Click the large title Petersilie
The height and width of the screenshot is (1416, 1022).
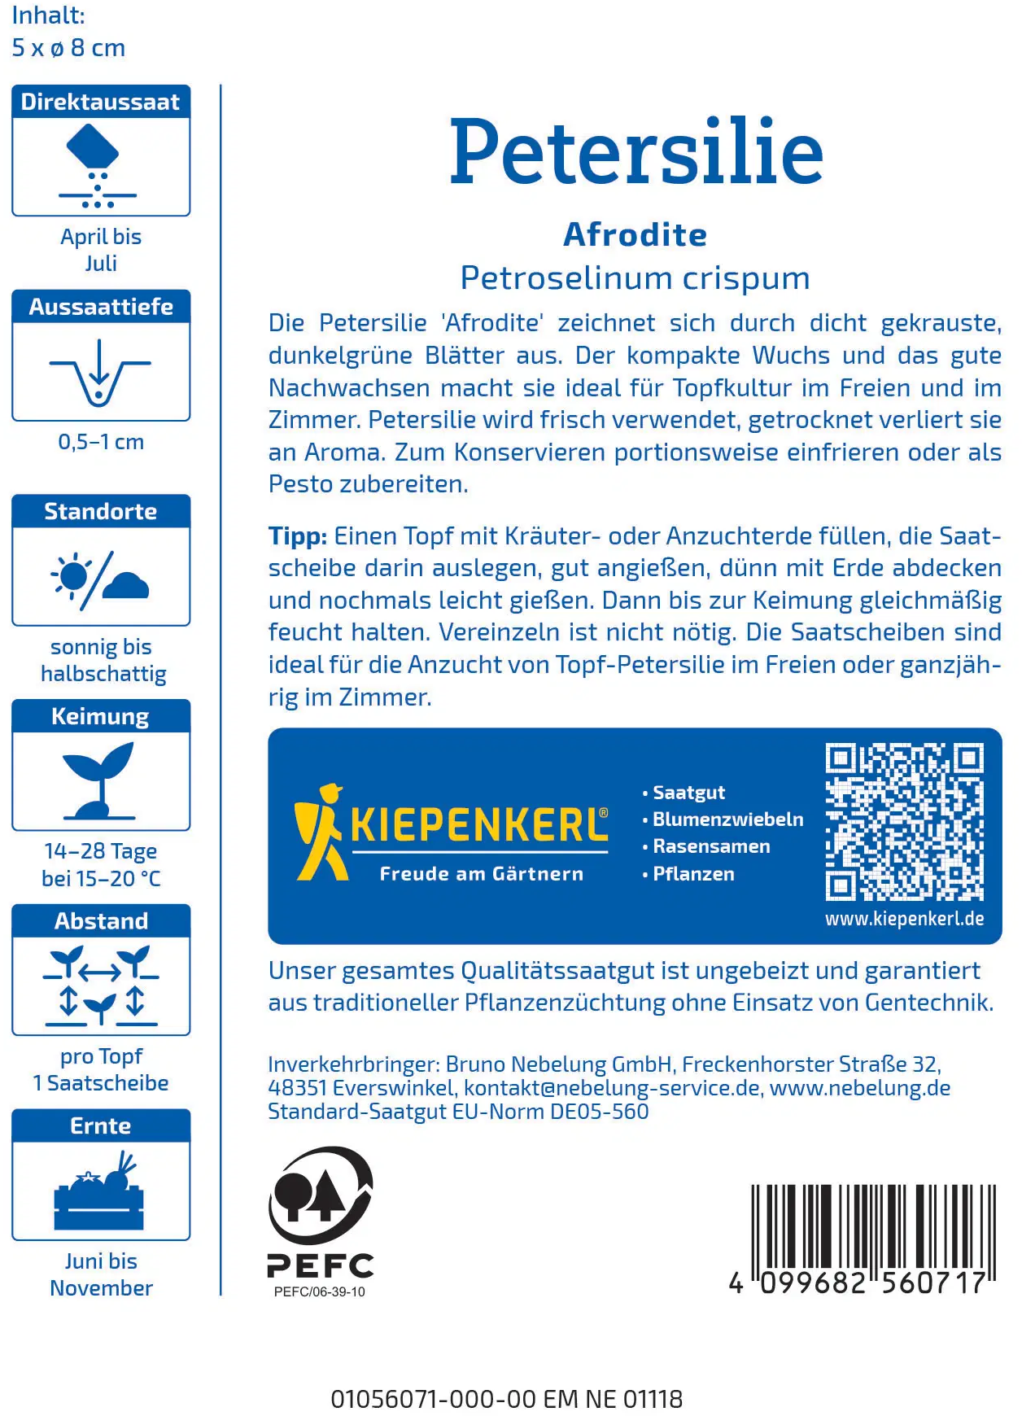click(636, 152)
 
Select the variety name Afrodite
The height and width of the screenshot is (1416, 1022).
click(635, 234)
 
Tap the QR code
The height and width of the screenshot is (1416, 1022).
click(904, 822)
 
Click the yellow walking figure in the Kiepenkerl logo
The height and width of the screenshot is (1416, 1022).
click(321, 832)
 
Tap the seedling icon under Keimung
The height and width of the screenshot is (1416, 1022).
click(100, 781)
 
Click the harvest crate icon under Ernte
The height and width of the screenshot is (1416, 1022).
click(100, 1191)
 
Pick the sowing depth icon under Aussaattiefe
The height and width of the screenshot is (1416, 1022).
click(100, 372)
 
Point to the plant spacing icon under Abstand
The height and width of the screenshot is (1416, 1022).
click(101, 986)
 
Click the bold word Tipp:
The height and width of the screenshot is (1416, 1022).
click(298, 536)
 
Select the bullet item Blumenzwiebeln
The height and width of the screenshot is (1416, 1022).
click(727, 819)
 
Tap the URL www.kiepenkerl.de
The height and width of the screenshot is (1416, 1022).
click(904, 919)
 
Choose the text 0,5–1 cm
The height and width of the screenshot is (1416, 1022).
click(101, 442)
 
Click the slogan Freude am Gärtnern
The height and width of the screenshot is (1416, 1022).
click(481, 874)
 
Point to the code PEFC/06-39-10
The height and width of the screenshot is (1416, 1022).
click(320, 1292)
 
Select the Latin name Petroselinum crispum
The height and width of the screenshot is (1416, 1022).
click(635, 278)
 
